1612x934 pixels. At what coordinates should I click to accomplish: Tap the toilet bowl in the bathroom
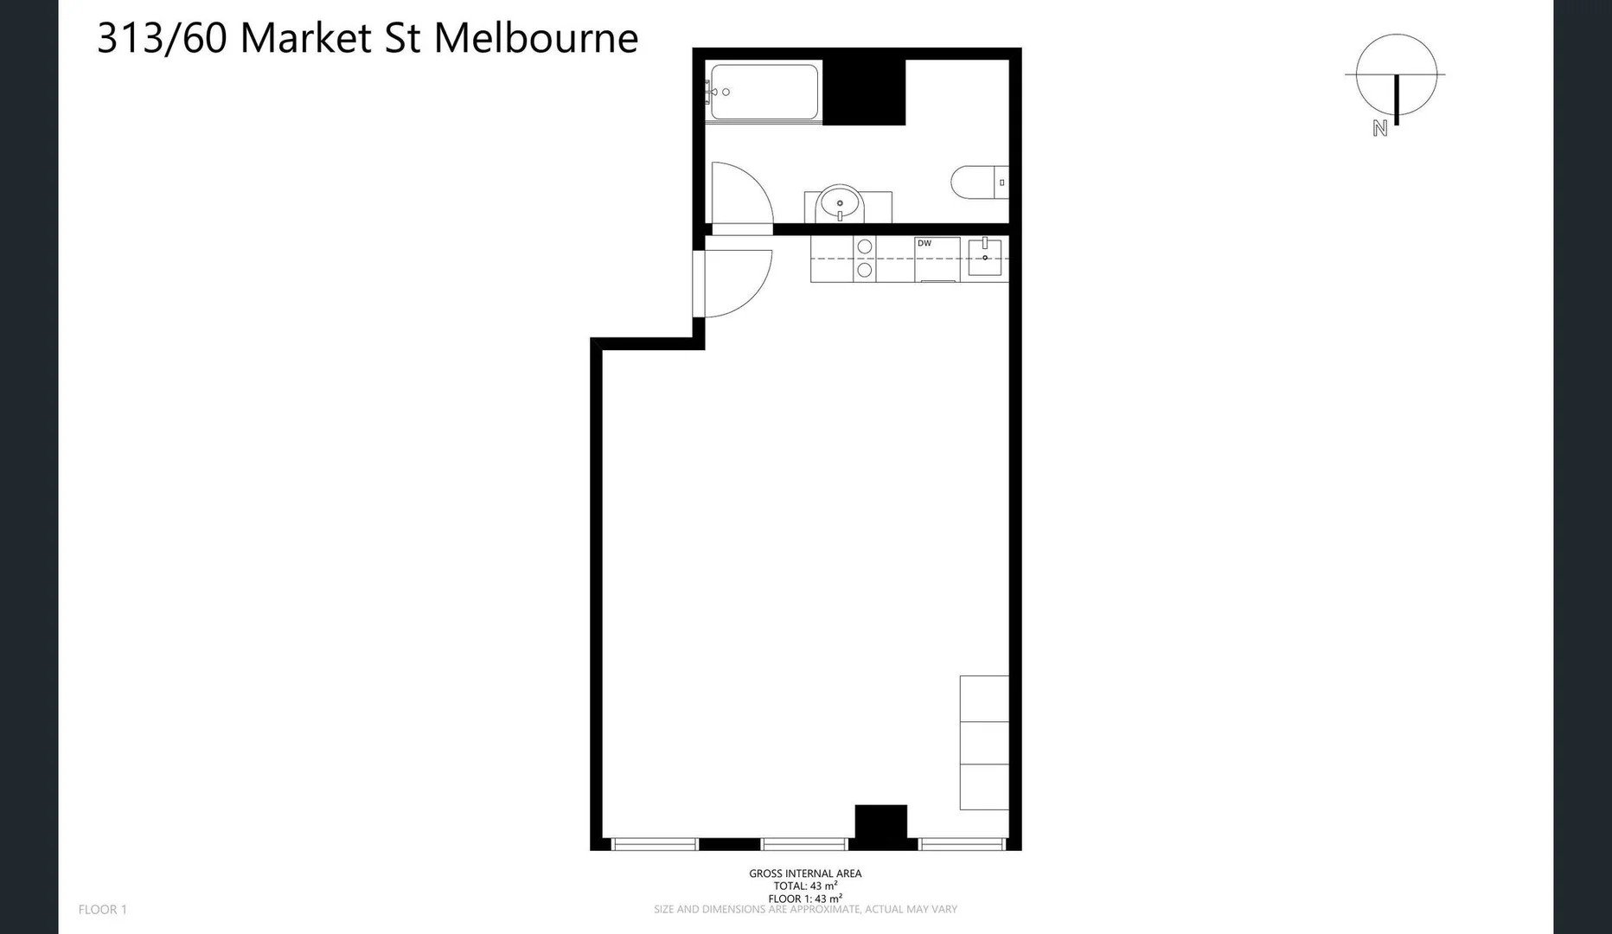pyautogui.click(x=972, y=182)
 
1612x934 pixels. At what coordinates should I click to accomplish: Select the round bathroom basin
pyautogui.click(x=840, y=204)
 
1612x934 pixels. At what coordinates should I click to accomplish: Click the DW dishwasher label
pyautogui.click(x=924, y=244)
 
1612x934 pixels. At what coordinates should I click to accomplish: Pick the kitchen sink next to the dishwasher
pyautogui.click(x=984, y=258)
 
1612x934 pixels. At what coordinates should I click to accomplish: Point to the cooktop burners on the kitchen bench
pyautogui.click(x=864, y=259)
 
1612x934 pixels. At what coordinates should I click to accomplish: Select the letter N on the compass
pyautogui.click(x=1379, y=129)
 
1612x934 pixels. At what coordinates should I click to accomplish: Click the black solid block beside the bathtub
pyautogui.click(x=863, y=92)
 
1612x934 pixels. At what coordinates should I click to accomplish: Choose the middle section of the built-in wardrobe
pyautogui.click(x=984, y=743)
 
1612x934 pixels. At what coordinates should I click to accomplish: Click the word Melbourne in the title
pyautogui.click(x=535, y=38)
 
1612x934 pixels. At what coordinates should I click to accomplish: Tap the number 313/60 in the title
pyautogui.click(x=162, y=38)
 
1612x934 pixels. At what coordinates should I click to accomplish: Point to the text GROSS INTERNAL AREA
pyautogui.click(x=805, y=873)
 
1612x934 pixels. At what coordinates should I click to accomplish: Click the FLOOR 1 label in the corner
pyautogui.click(x=102, y=909)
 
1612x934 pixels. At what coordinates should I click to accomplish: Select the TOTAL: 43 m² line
pyautogui.click(x=805, y=886)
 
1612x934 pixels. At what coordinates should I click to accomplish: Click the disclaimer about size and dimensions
pyautogui.click(x=805, y=910)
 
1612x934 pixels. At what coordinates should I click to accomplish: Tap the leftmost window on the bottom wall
pyautogui.click(x=655, y=844)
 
